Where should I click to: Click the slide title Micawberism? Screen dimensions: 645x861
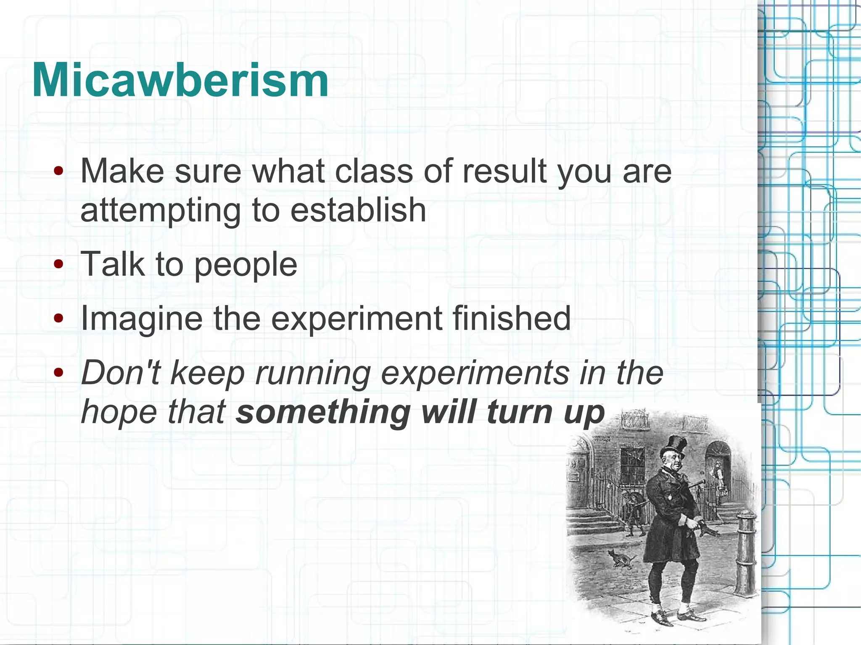[x=180, y=80]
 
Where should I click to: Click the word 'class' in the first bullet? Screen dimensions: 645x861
[x=374, y=171]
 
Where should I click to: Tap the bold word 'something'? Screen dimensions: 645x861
[x=323, y=413]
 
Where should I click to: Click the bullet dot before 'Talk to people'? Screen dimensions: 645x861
[x=58, y=264]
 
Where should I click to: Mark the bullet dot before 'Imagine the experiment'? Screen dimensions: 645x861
[x=58, y=318]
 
